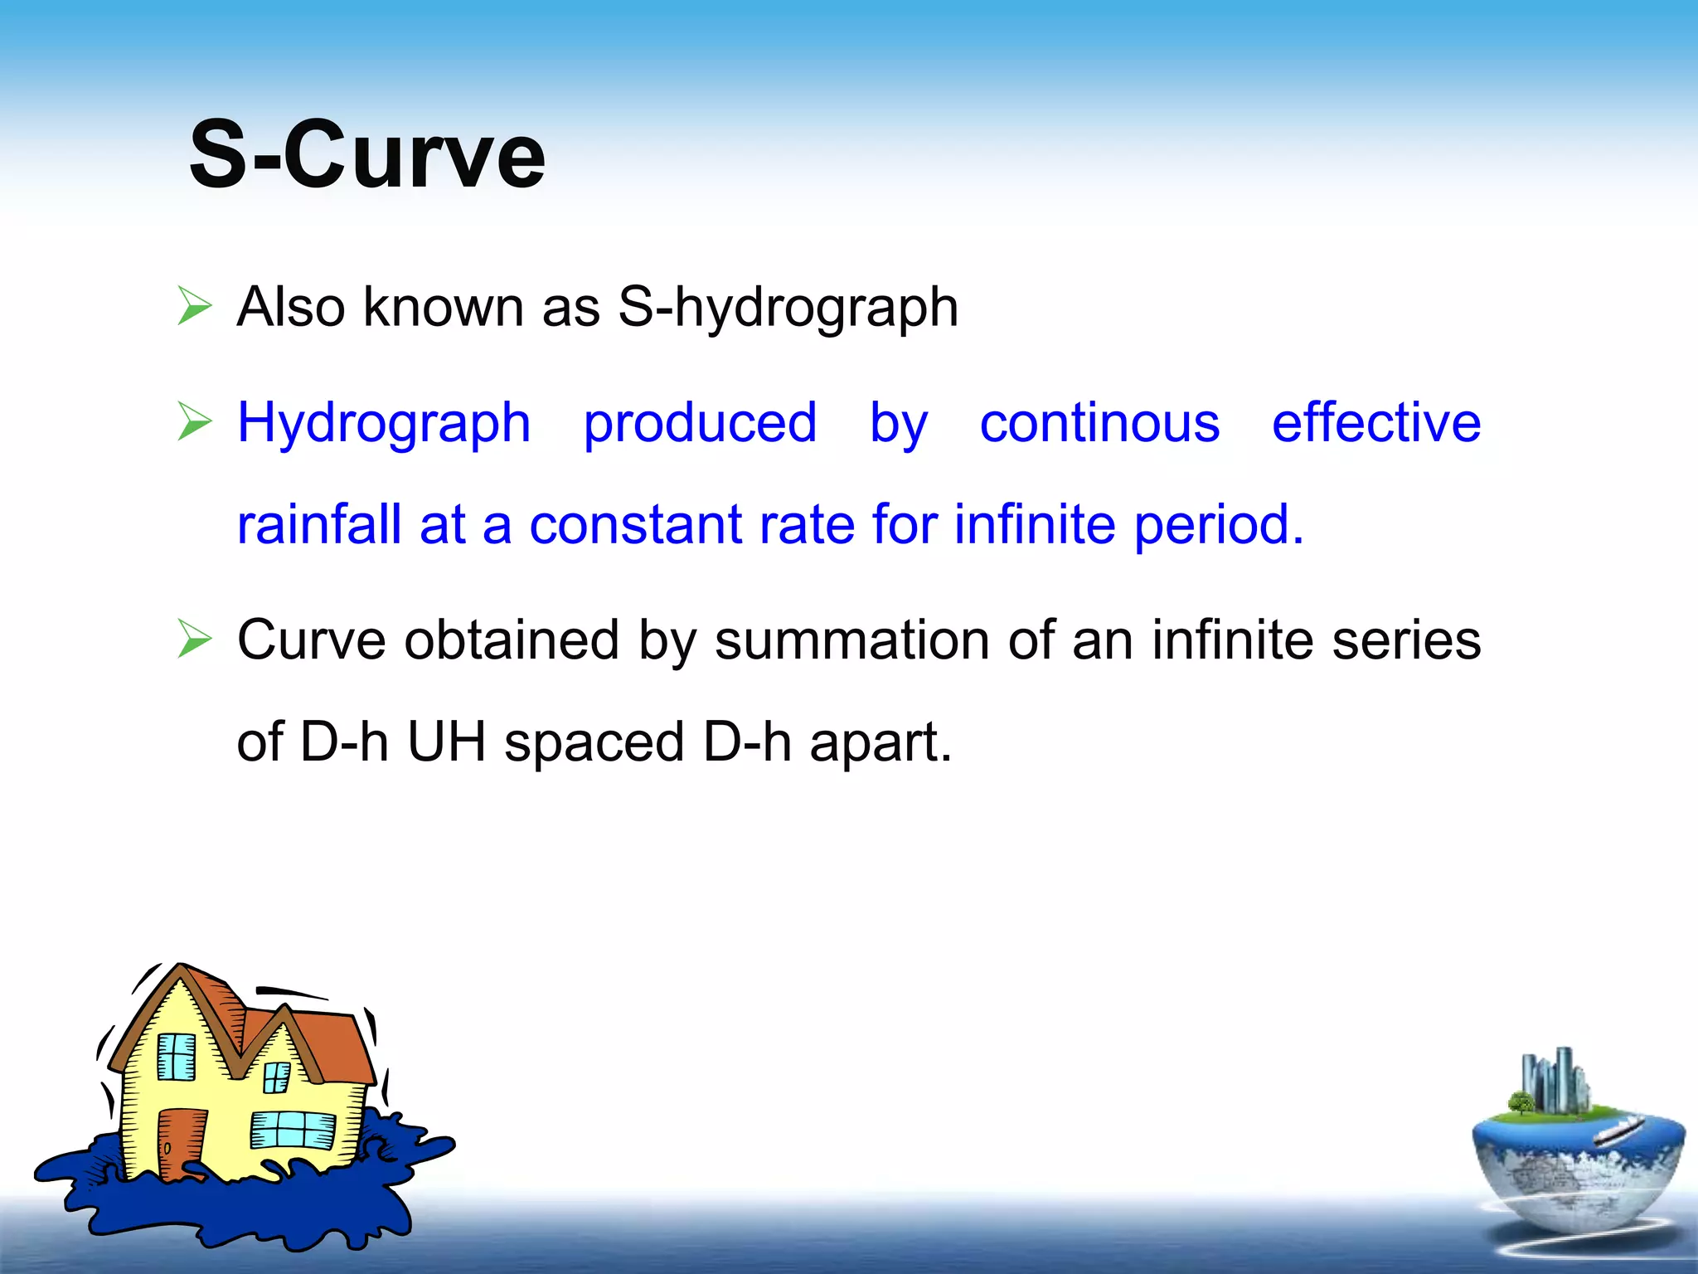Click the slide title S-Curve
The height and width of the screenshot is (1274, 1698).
click(366, 155)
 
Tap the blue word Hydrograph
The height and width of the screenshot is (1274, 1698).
click(383, 423)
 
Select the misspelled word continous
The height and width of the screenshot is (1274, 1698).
click(1099, 423)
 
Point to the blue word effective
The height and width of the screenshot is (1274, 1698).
click(1376, 423)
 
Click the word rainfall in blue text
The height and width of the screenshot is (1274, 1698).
click(319, 524)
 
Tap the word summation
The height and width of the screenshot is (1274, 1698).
click(852, 640)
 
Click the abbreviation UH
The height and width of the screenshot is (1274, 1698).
click(446, 742)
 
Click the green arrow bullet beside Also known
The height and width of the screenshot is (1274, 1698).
click(195, 306)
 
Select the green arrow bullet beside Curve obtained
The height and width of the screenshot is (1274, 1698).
click(195, 639)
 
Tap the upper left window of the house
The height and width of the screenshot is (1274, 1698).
click(176, 1057)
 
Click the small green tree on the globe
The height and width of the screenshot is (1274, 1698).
click(1521, 1103)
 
